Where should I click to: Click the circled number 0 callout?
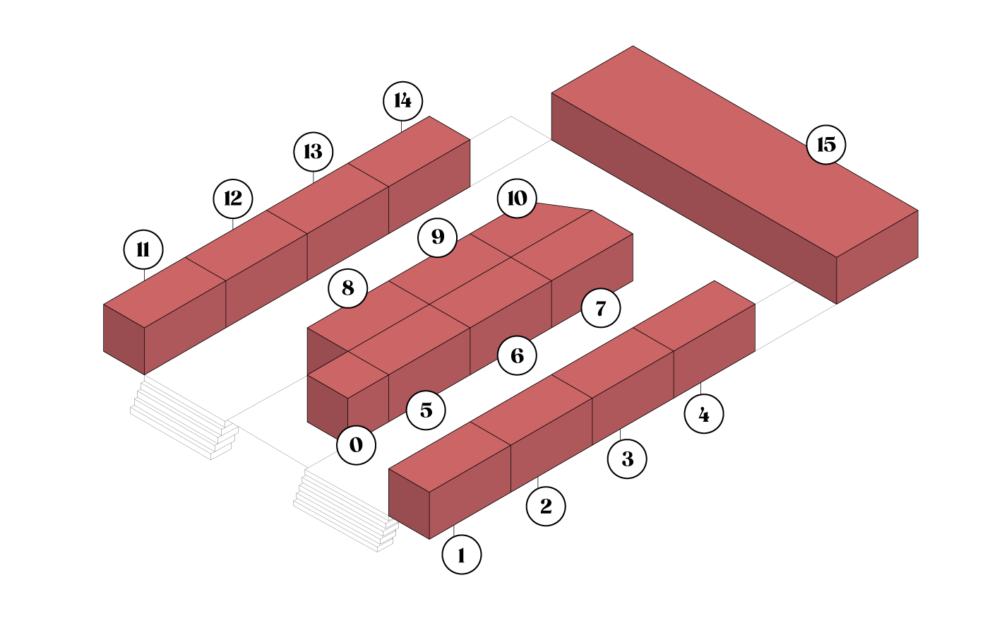click(356, 445)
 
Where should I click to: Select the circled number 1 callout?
click(462, 555)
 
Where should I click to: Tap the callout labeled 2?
click(546, 506)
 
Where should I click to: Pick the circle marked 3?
click(627, 459)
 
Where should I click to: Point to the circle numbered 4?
click(704, 414)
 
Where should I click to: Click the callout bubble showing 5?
click(426, 410)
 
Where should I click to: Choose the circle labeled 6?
click(517, 355)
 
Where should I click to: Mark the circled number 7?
click(601, 308)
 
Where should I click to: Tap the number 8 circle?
click(348, 288)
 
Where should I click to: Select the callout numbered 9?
click(438, 237)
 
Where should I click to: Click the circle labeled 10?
click(517, 199)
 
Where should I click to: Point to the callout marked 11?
click(143, 249)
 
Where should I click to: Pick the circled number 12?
click(233, 199)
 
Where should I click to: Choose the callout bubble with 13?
click(314, 152)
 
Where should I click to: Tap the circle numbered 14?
click(403, 101)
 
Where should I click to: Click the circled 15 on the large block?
click(826, 145)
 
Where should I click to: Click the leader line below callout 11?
click(144, 276)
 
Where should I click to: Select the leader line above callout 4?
click(701, 389)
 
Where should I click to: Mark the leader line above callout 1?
click(454, 530)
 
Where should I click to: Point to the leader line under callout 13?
click(313, 177)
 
